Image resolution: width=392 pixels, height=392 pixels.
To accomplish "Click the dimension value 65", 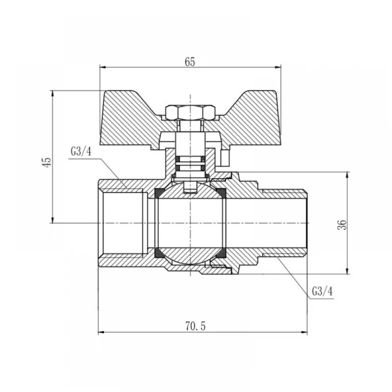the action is pyautogui.click(x=190, y=62).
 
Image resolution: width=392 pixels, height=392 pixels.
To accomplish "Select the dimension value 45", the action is pyautogui.click(x=47, y=162).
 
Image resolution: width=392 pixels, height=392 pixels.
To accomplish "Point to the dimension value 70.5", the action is pyautogui.click(x=195, y=326).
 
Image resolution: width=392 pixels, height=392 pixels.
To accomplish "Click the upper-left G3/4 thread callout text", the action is pyautogui.click(x=81, y=151).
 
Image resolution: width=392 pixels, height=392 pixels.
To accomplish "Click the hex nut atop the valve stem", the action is pyautogui.click(x=190, y=112).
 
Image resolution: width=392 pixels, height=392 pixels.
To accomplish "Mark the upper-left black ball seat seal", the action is pyautogui.click(x=158, y=193).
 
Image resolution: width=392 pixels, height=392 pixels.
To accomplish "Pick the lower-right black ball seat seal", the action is pyautogui.click(x=221, y=253).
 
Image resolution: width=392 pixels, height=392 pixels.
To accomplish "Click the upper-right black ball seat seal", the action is pyautogui.click(x=221, y=193).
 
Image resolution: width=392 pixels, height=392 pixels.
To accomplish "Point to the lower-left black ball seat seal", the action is pyautogui.click(x=158, y=253).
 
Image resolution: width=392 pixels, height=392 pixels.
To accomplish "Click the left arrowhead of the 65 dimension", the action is pyautogui.click(x=103, y=67).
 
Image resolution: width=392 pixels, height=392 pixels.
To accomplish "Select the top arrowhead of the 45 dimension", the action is pyautogui.click(x=52, y=94).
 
